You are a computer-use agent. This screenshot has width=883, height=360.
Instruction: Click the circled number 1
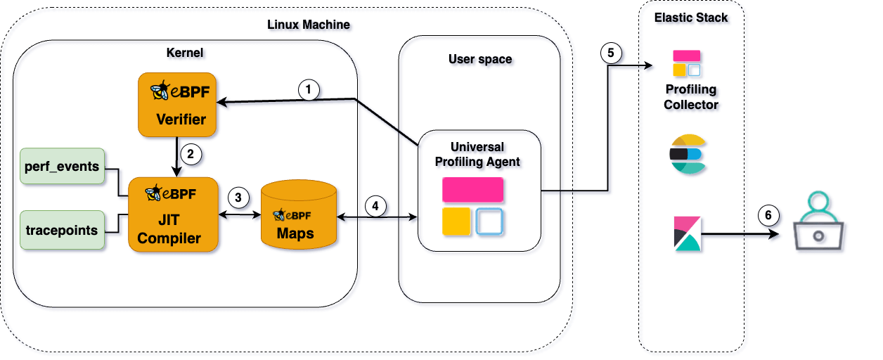click(x=309, y=89)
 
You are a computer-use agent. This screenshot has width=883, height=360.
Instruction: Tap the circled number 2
click(x=188, y=152)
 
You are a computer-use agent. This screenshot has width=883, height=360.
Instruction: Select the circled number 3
click(x=238, y=198)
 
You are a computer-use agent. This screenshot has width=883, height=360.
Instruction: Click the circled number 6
click(x=768, y=215)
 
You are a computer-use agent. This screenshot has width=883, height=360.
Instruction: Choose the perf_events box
click(x=62, y=167)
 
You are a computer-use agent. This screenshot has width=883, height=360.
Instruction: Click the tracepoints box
click(x=62, y=229)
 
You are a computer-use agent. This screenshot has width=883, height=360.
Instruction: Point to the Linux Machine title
click(x=309, y=25)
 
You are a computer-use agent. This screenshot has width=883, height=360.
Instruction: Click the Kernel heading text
click(x=185, y=53)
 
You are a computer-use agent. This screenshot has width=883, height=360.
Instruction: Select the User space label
click(x=480, y=59)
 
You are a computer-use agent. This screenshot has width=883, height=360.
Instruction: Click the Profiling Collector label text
click(x=691, y=97)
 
